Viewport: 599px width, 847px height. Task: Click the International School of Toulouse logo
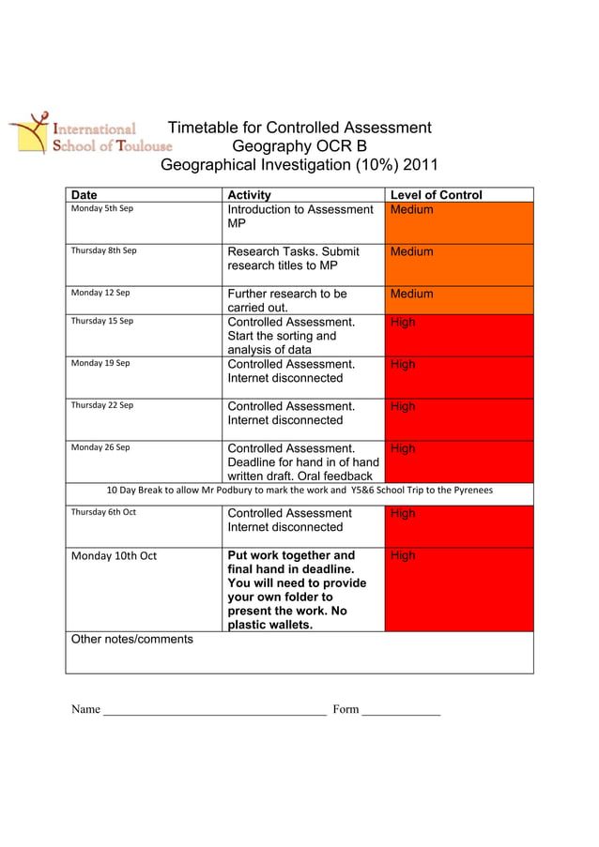pos(90,133)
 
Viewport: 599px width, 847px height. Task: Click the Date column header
pos(84,195)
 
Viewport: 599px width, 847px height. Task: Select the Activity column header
pos(250,195)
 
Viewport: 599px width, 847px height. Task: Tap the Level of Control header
pos(436,195)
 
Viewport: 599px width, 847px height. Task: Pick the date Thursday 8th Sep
pos(104,250)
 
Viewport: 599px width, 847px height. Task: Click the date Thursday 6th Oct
pos(103,512)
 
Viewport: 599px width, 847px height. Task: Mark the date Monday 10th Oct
pos(114,556)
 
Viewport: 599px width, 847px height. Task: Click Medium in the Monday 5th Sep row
pos(411,209)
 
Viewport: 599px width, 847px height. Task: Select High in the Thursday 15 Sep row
pos(402,322)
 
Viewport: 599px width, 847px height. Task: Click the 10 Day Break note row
pos(299,491)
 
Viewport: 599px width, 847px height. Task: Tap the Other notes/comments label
pos(132,640)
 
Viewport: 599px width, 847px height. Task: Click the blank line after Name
pos(215,711)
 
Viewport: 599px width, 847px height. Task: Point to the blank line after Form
pos(401,711)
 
